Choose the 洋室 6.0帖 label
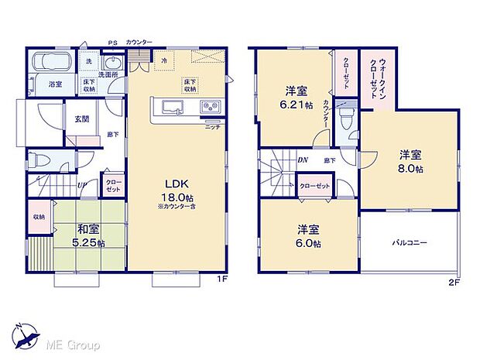tap(308, 236)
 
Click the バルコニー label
tap(410, 242)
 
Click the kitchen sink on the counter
tap(171, 107)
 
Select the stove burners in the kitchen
tap(209, 107)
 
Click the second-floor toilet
tap(347, 118)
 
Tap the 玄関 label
tap(81, 118)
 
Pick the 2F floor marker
tap(454, 282)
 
